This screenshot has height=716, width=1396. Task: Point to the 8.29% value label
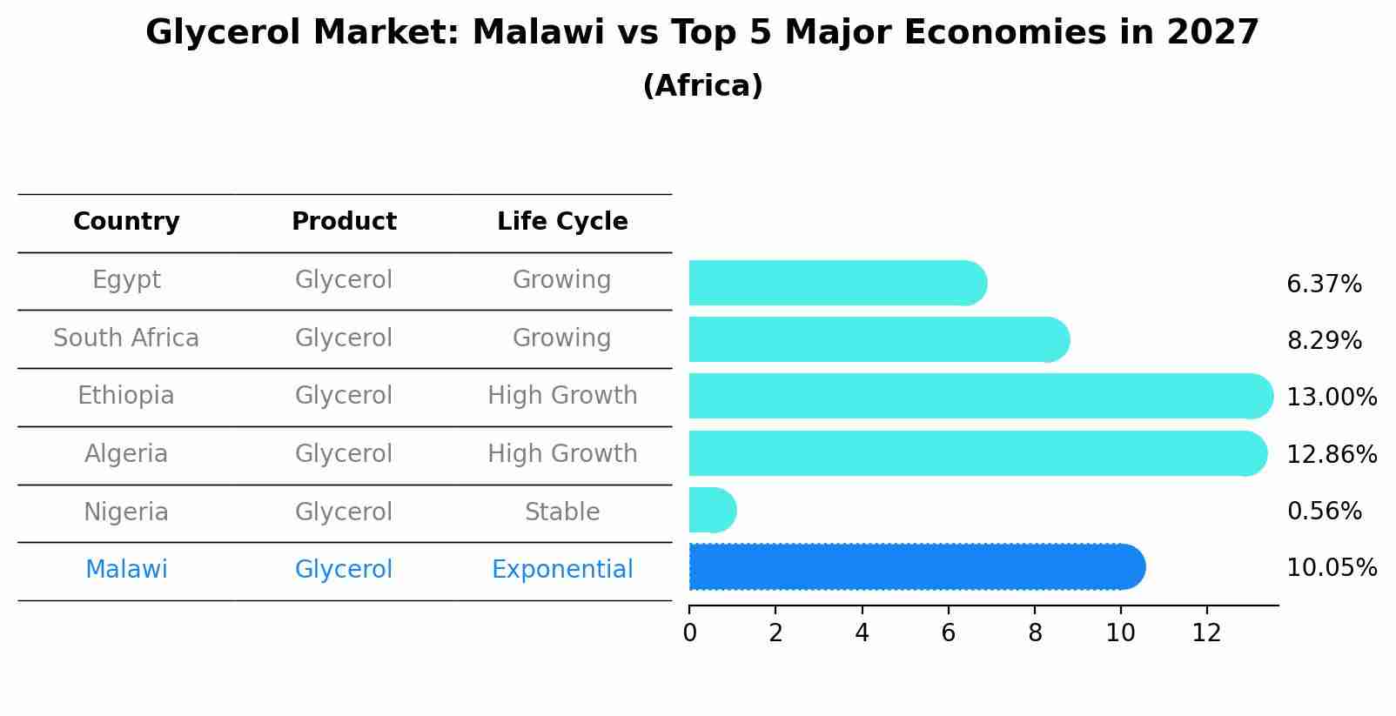1324,341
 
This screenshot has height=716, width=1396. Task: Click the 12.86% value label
1332,454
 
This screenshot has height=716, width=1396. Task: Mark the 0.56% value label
1324,512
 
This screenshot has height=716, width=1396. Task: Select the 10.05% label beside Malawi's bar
1332,568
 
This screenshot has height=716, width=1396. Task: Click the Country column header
126,222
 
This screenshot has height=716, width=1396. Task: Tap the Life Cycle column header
562,222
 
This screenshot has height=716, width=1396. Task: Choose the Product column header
344,222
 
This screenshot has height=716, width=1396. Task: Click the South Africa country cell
126,338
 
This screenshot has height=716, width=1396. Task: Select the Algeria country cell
126,454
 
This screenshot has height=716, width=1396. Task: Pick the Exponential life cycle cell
562,570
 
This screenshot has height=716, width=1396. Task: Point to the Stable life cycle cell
562,512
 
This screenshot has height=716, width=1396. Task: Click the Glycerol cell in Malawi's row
344,570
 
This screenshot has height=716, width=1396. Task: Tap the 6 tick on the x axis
949,633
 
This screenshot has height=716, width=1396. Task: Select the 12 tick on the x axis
1207,633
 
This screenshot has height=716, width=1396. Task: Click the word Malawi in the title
538,33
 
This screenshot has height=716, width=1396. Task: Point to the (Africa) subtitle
702,86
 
